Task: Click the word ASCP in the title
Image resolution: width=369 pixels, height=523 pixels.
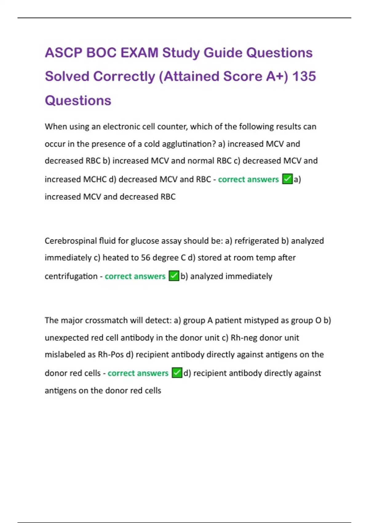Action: [63, 53]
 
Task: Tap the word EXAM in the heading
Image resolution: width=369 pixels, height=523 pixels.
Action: [139, 53]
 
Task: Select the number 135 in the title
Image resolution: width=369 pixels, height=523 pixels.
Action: [304, 76]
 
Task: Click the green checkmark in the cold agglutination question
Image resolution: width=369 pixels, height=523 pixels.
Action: [287, 179]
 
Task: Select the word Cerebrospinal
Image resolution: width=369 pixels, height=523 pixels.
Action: [71, 241]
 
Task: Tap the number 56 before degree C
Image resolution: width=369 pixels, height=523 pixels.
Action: [145, 258]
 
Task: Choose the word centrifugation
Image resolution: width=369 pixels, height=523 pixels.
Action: [71, 276]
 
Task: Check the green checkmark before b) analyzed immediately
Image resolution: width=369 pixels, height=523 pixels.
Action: [174, 276]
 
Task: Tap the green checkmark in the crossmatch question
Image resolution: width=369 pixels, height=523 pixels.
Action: [177, 373]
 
